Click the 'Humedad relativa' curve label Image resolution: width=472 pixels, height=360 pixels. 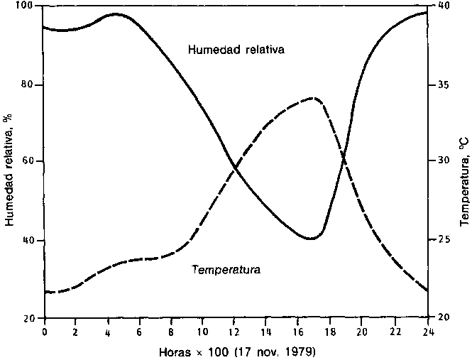click(x=236, y=50)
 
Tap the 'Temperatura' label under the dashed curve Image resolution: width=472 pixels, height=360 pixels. click(x=226, y=270)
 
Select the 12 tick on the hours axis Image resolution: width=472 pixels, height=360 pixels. click(x=235, y=330)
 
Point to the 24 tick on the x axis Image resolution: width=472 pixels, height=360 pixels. click(x=426, y=330)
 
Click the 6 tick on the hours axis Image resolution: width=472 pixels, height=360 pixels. click(x=140, y=330)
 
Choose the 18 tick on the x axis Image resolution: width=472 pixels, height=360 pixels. click(x=330, y=330)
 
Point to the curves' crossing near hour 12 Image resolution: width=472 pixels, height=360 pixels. click(x=234, y=168)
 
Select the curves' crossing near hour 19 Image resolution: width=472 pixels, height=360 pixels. click(x=344, y=161)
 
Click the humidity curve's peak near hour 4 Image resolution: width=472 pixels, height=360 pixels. click(x=115, y=13)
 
